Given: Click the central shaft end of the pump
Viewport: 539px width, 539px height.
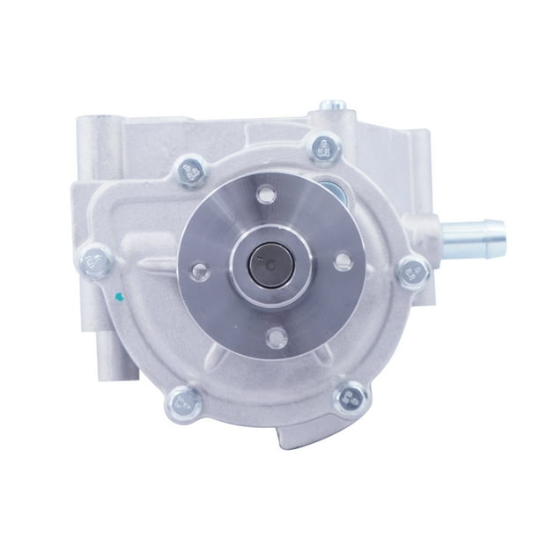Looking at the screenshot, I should pos(269,262).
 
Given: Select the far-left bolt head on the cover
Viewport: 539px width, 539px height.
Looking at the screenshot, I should pos(95,259).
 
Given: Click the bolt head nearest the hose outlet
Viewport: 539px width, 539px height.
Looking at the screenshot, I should pos(412,269).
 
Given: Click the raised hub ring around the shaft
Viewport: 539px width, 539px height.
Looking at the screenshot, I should pos(269,262).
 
